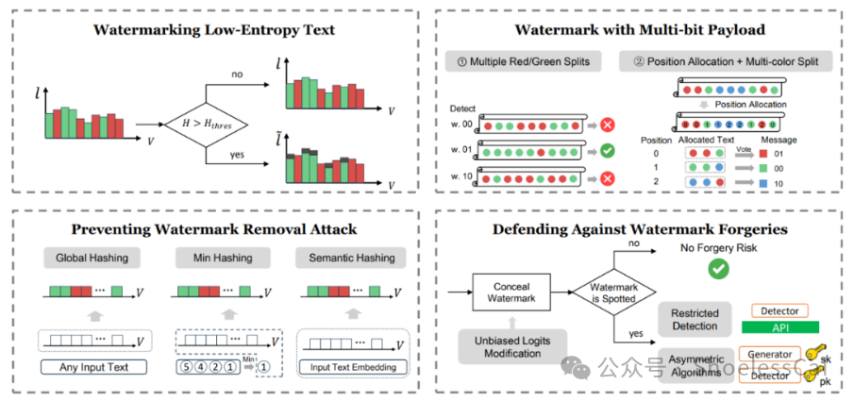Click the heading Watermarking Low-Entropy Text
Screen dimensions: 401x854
pyautogui.click(x=213, y=30)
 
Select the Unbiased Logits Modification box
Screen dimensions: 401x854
pyautogui.click(x=516, y=346)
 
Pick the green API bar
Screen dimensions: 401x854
pyautogui.click(x=779, y=327)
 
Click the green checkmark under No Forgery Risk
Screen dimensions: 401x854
pyautogui.click(x=719, y=270)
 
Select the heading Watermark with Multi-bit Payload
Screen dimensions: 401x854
pyautogui.click(x=639, y=30)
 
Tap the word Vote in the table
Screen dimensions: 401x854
pyautogui.click(x=743, y=149)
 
